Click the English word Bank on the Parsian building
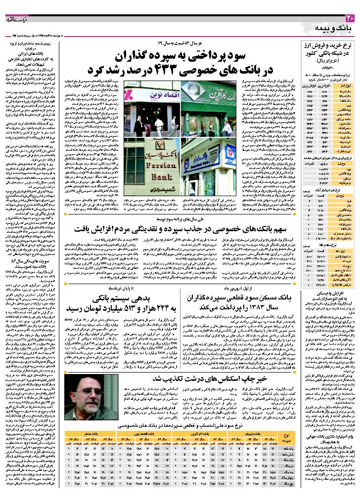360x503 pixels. point(143,177)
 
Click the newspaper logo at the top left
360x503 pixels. point(17,20)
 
